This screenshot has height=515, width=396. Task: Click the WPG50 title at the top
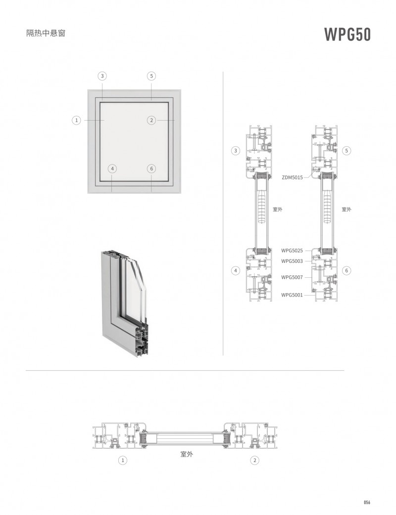point(347,35)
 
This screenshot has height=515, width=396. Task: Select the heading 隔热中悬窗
point(46,34)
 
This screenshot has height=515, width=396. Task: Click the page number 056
point(367,502)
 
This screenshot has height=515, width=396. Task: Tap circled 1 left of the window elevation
point(76,120)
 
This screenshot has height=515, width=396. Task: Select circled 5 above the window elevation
point(151,76)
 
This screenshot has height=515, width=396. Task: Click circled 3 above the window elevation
point(102,76)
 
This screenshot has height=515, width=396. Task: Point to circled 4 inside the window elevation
point(113,169)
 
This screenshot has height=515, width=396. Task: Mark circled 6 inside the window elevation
point(151,169)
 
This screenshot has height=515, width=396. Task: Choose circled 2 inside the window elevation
point(151,120)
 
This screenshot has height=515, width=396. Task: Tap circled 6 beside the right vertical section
point(346,270)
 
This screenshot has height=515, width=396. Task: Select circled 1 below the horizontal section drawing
point(123,460)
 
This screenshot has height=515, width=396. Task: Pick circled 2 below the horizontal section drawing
point(255,460)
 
